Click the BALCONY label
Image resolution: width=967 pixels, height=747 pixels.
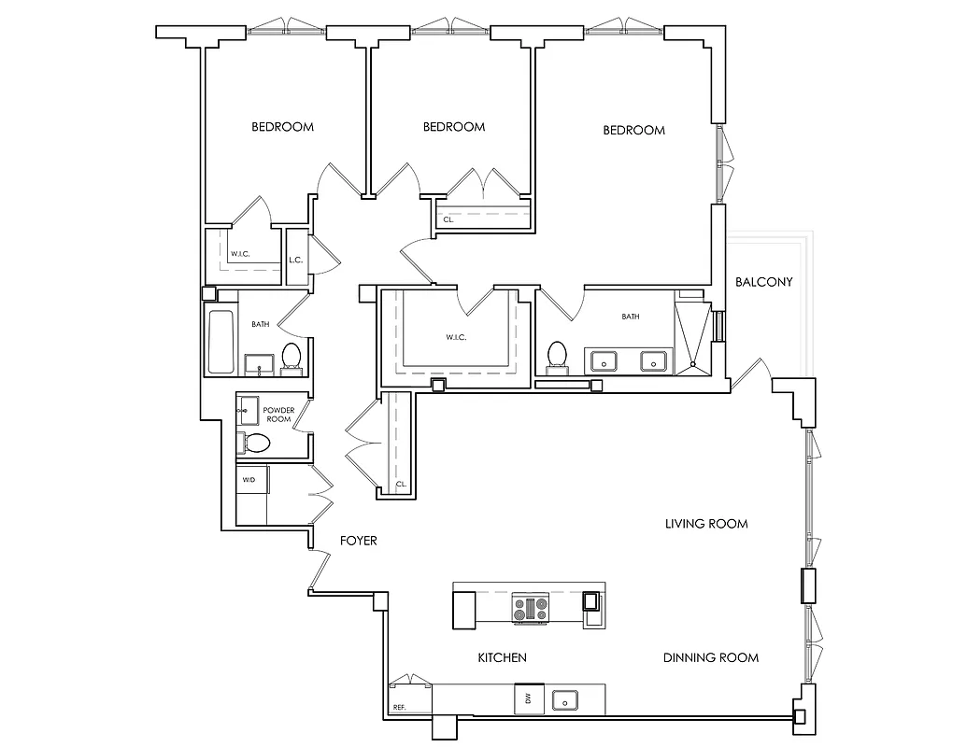763,282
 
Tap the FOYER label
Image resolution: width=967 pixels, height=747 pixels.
357,541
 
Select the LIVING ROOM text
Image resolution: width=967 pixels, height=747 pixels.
705,524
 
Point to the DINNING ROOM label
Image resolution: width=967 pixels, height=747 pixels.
710,657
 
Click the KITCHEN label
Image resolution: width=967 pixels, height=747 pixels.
502,657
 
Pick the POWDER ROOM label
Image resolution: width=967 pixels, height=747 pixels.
278,415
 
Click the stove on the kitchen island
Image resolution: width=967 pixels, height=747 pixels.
530,610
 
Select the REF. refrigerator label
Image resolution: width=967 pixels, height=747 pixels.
400,707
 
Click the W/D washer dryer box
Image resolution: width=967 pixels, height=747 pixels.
249,479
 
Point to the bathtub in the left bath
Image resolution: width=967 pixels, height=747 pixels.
220,342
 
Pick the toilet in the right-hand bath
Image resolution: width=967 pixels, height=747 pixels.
558,355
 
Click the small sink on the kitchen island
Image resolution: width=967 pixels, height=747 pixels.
591,601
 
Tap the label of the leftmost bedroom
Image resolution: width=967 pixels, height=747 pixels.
282,127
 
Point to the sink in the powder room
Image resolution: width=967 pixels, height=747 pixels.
248,407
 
